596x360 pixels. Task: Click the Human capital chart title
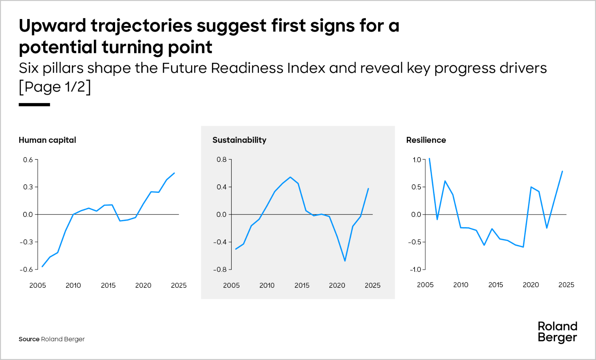pos(47,140)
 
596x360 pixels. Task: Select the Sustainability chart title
pos(239,140)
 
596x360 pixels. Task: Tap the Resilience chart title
pos(426,140)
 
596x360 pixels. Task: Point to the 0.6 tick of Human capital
pos(28,160)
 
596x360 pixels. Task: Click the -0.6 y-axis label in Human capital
pos(26,269)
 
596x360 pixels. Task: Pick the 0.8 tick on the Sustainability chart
pos(222,160)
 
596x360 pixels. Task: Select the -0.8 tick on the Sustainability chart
pos(220,269)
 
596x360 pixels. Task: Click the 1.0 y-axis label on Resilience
pos(416,160)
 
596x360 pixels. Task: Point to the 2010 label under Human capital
pos(73,285)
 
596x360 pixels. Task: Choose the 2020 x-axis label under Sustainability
pos(337,285)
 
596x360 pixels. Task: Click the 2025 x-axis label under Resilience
pos(566,285)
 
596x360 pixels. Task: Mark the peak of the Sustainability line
pos(290,177)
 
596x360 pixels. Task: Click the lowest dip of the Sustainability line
pos(345,261)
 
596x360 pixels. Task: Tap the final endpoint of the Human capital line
pos(174,173)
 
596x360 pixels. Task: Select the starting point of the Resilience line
pos(429,159)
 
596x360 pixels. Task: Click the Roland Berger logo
pos(557,332)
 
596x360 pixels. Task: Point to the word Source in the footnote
pos(29,339)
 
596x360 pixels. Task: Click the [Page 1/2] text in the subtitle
pos(55,87)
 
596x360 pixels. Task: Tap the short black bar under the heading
pos(34,105)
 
